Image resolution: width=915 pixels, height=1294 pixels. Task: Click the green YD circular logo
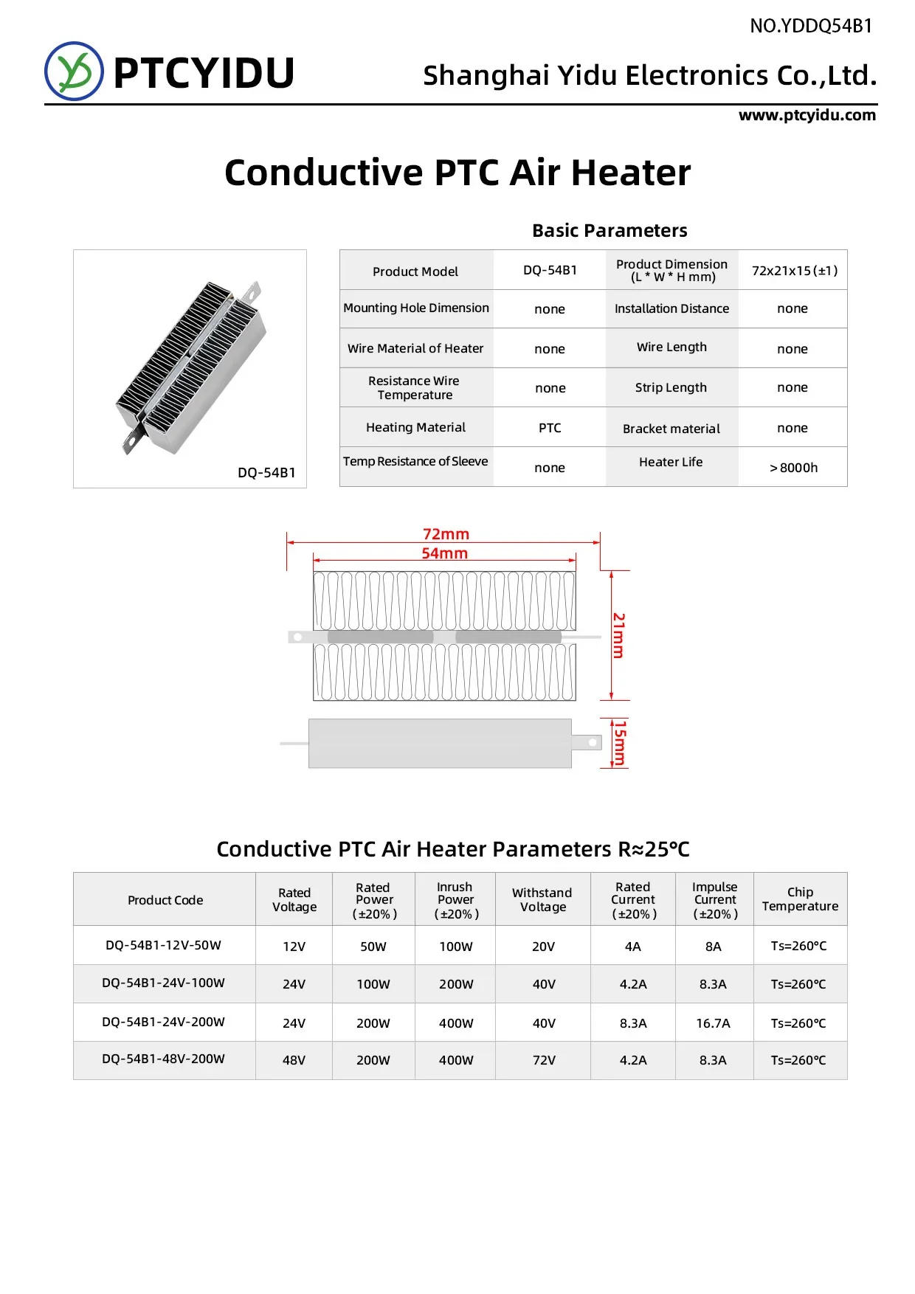click(x=74, y=71)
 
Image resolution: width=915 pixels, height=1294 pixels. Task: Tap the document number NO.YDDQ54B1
click(x=810, y=27)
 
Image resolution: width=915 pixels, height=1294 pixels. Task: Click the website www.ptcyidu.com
click(x=807, y=115)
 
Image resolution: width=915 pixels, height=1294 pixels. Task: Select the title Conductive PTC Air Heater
click(x=457, y=173)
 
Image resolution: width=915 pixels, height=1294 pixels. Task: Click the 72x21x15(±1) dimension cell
click(x=794, y=271)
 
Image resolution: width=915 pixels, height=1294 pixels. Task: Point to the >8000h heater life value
click(x=793, y=468)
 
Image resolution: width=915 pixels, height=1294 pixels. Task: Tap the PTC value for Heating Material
click(x=550, y=428)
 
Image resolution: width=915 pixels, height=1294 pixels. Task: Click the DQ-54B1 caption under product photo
click(x=266, y=473)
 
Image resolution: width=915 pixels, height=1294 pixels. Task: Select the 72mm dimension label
click(x=446, y=533)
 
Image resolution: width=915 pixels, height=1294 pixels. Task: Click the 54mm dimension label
click(x=444, y=553)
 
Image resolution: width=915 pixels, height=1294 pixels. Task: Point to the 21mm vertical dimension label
click(x=619, y=635)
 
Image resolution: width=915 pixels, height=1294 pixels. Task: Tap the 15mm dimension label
click(x=620, y=744)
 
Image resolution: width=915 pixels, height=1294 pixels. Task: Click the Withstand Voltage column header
click(x=542, y=900)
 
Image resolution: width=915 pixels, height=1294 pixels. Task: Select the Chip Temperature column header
click(x=800, y=899)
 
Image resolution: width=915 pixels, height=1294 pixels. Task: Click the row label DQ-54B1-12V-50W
click(x=163, y=946)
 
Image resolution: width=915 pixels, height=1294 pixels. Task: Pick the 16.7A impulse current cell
click(x=713, y=1023)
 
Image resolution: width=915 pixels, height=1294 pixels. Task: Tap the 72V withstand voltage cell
click(x=544, y=1060)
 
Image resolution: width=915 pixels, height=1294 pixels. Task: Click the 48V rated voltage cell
click(x=294, y=1060)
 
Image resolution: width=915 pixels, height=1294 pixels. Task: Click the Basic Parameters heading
click(x=610, y=231)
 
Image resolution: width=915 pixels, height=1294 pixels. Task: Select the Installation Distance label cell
click(x=671, y=309)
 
